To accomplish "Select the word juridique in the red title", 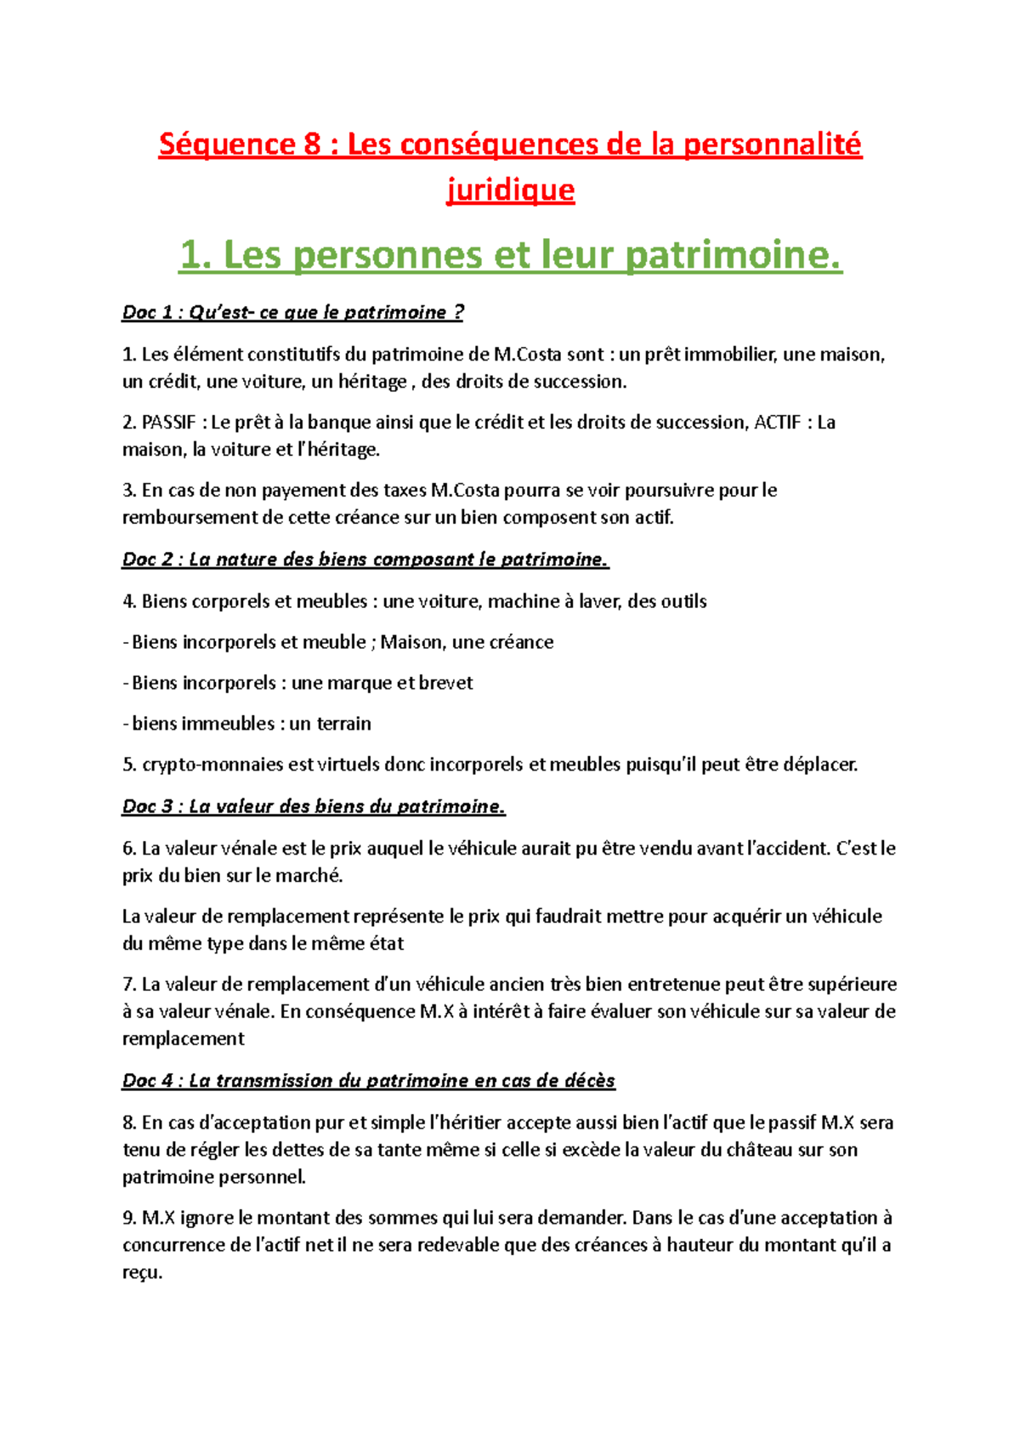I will point(510,190).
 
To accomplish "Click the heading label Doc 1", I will point(147,312).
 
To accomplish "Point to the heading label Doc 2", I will point(148,560).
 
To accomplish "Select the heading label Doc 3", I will point(148,806).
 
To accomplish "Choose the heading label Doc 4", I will point(148,1081).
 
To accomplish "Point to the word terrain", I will point(343,724).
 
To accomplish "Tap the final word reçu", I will point(141,1273).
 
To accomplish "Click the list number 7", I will point(128,985).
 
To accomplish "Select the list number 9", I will point(128,1218).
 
